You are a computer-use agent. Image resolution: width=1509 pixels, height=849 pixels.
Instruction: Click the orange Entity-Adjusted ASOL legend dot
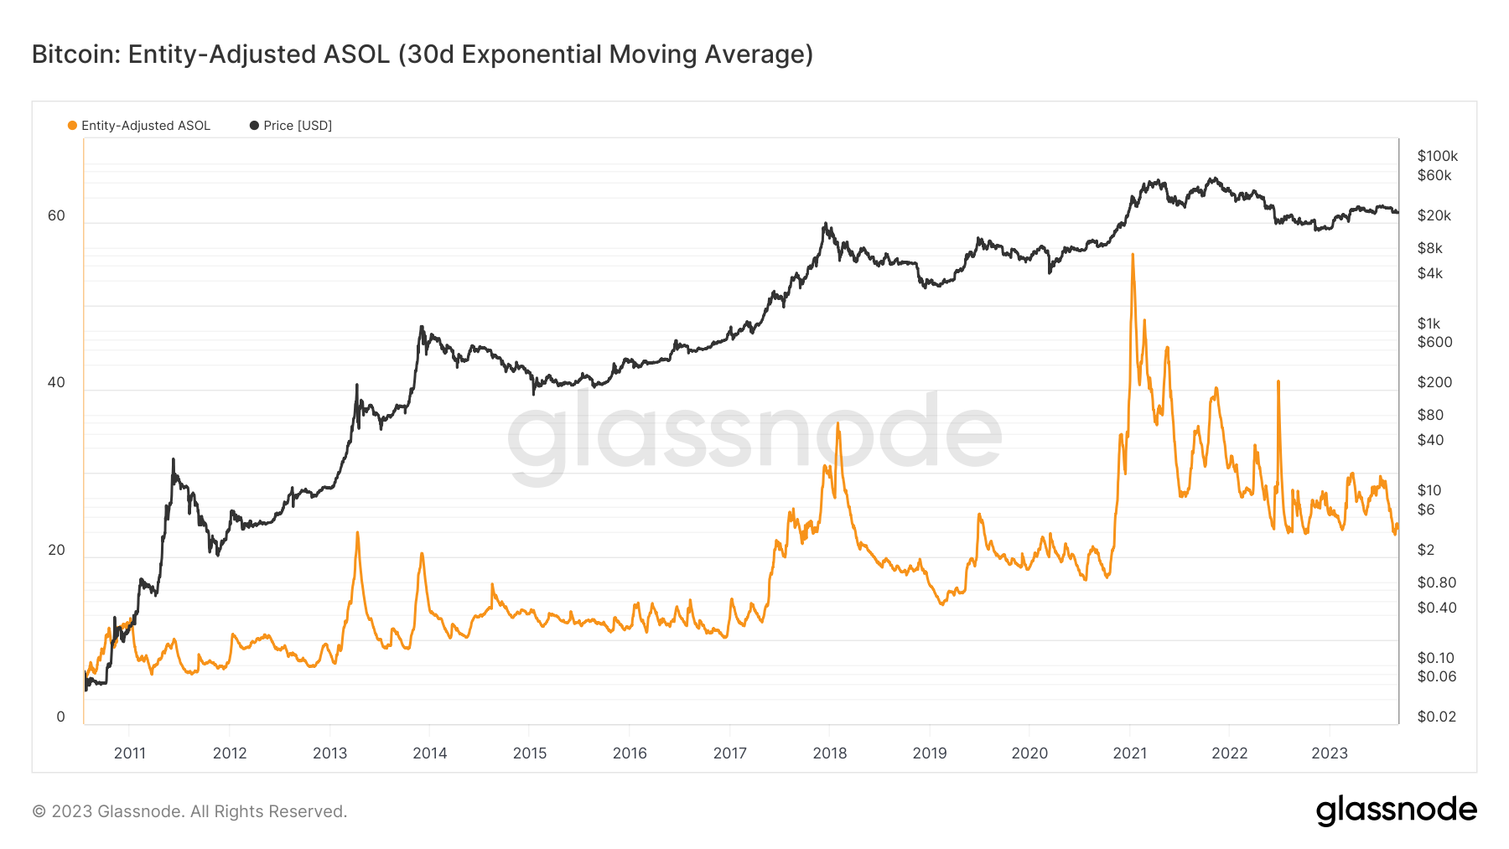[72, 126]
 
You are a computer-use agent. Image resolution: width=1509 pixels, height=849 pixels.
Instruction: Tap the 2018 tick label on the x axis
[829, 753]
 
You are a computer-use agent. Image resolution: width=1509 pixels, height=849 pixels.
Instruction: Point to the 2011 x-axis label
[129, 753]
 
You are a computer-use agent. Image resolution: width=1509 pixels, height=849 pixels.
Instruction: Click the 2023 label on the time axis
[1329, 753]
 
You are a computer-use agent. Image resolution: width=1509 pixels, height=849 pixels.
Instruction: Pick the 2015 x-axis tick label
[529, 753]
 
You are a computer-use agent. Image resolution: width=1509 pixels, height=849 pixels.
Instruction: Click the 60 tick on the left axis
[56, 215]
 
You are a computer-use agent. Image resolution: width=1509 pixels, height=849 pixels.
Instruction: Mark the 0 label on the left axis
[60, 717]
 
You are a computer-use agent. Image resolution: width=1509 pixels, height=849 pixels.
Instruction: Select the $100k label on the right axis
[1437, 156]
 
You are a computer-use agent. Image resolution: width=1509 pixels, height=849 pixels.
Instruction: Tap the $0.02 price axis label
[1436, 717]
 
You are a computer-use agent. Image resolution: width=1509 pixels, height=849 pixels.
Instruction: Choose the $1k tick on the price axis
[1429, 324]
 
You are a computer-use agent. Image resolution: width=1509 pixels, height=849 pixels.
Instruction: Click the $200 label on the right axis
[1434, 382]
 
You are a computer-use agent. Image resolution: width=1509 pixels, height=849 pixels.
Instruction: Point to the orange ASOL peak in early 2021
[1133, 255]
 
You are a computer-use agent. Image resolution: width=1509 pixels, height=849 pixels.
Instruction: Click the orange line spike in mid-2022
[1278, 382]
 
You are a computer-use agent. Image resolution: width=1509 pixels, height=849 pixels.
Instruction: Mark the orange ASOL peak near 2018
[837, 424]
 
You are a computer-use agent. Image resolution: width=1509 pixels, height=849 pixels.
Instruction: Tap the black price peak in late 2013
[421, 328]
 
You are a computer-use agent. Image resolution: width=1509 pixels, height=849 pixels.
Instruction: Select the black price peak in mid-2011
[173, 459]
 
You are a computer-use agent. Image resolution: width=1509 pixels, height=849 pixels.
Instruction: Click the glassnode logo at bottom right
[1396, 810]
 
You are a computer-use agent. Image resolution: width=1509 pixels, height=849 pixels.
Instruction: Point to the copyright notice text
[189, 811]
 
